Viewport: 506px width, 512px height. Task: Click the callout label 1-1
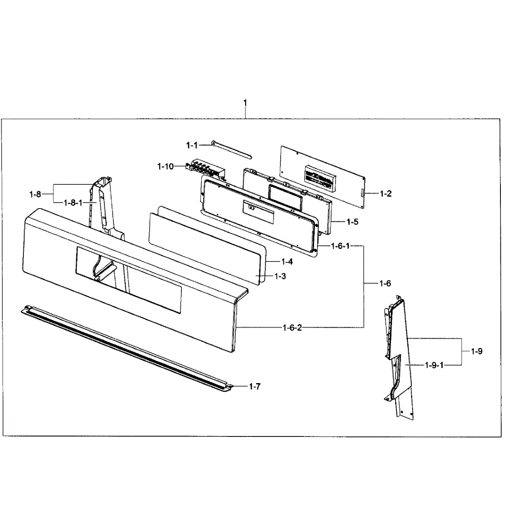coord(192,145)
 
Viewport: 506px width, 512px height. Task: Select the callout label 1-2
coord(385,194)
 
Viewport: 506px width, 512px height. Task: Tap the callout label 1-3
coord(280,276)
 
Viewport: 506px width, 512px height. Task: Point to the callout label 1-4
coord(287,262)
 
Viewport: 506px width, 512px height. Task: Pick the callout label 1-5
coord(352,222)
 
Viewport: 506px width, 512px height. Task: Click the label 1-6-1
coord(340,246)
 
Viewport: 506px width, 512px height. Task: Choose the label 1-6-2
coord(292,328)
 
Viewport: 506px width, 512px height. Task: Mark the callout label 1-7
coord(254,387)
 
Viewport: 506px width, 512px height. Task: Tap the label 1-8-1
coord(73,203)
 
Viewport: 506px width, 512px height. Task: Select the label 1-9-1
coord(434,365)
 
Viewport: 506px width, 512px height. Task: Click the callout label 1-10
coord(166,166)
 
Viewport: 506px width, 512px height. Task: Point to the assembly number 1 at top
coord(245,103)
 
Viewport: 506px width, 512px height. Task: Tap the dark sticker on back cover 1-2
coord(319,179)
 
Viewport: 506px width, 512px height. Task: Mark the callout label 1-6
coord(385,284)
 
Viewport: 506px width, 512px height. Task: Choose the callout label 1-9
coord(477,352)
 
